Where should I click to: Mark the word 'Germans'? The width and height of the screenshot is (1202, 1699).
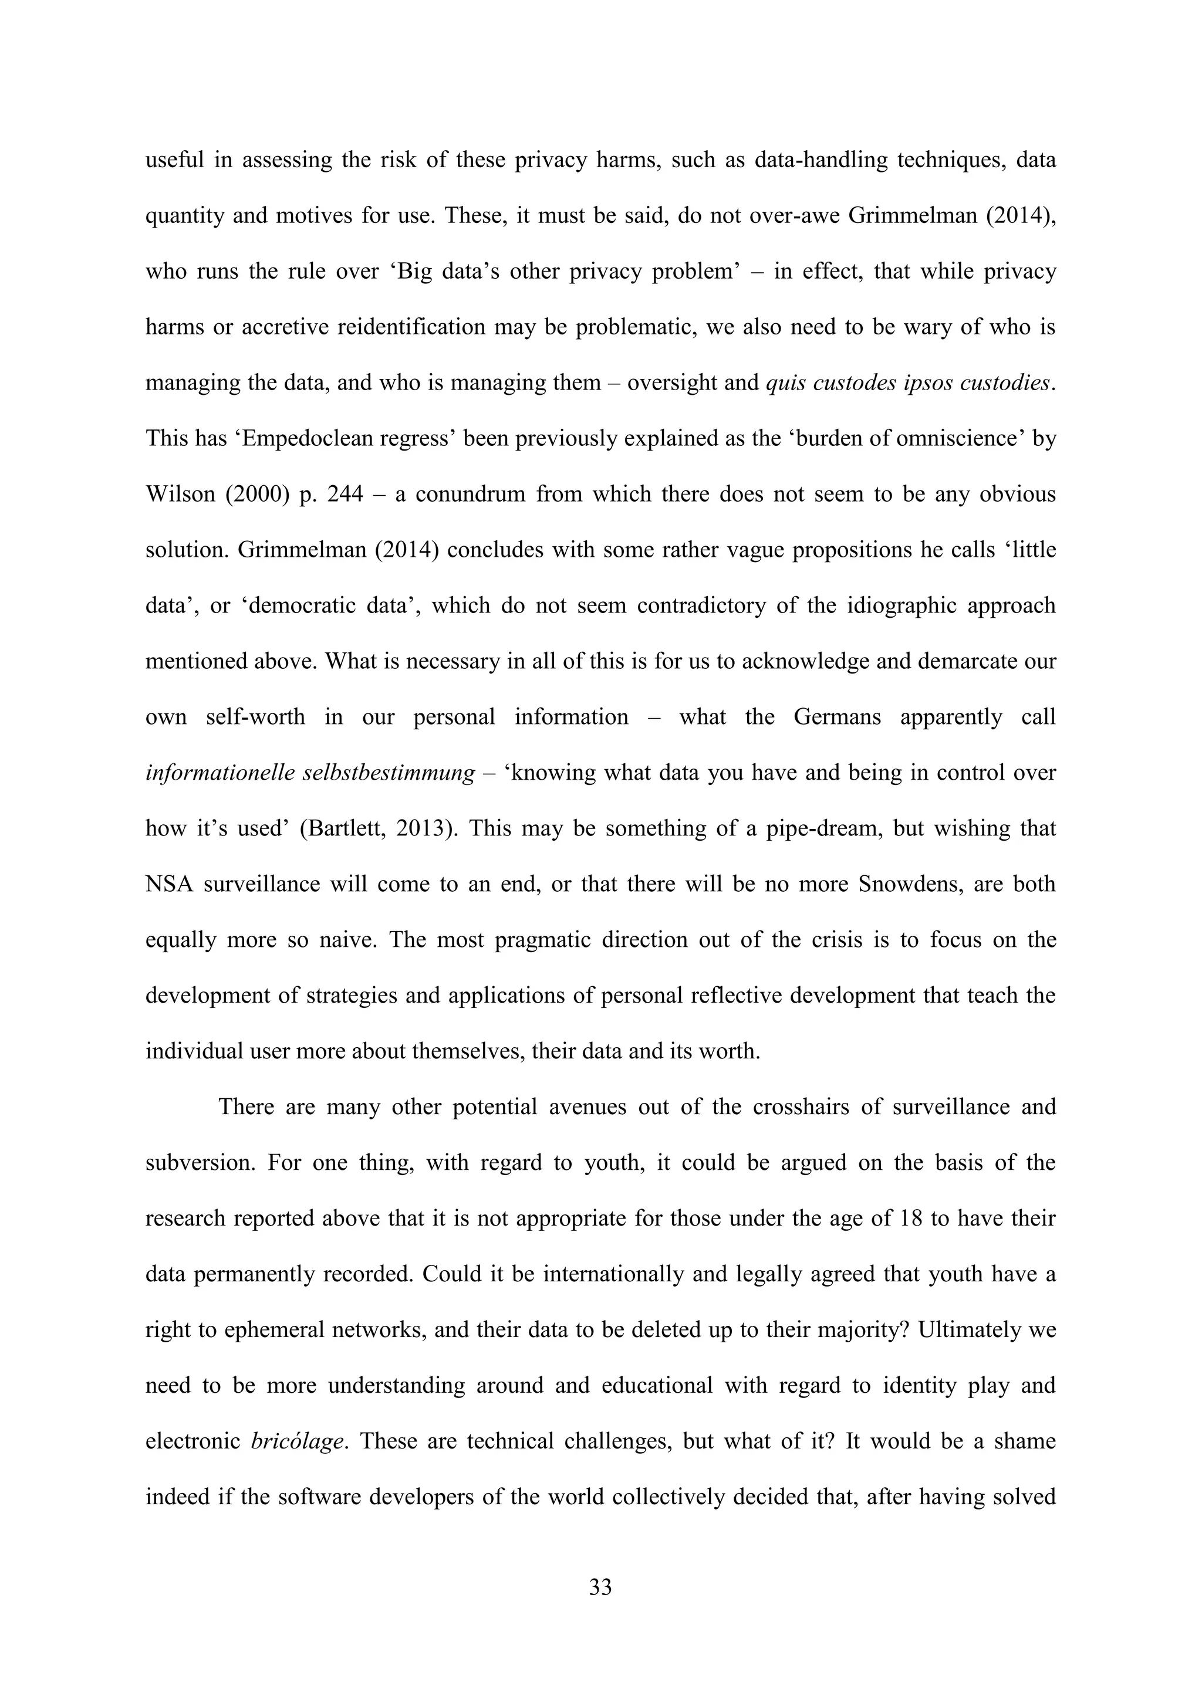(837, 717)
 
